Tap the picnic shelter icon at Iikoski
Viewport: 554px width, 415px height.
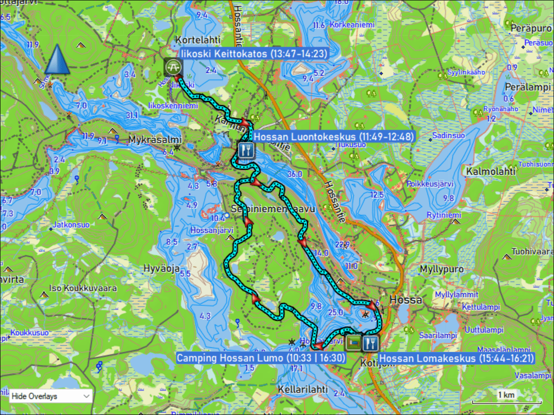tap(173, 67)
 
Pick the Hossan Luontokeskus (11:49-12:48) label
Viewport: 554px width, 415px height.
tap(333, 136)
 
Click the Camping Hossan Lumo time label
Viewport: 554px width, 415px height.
tap(261, 358)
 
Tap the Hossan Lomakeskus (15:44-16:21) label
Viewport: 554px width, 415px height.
tap(457, 358)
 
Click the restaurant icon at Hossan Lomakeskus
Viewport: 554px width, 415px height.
tap(370, 343)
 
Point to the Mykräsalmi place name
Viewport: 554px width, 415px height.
tap(149, 139)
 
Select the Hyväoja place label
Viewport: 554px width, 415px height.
tap(162, 269)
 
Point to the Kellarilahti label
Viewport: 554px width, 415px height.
tap(303, 389)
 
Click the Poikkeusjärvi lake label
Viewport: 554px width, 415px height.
tap(430, 184)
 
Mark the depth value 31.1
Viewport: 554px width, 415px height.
tap(132, 115)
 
